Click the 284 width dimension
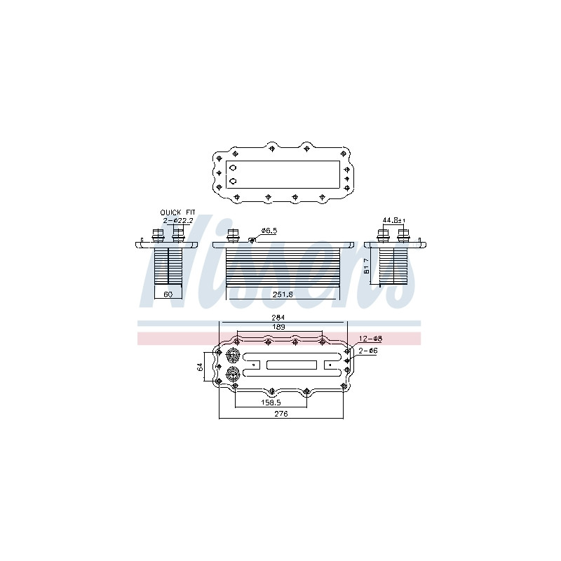[x=278, y=318]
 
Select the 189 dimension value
[x=278, y=327]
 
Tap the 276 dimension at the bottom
[x=281, y=414]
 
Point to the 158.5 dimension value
[x=271, y=403]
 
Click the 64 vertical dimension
[x=200, y=367]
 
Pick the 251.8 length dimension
[x=283, y=294]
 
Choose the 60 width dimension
[x=168, y=294]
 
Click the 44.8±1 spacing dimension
[x=393, y=220]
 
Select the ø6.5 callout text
[x=269, y=231]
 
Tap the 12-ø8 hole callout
[x=370, y=339]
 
